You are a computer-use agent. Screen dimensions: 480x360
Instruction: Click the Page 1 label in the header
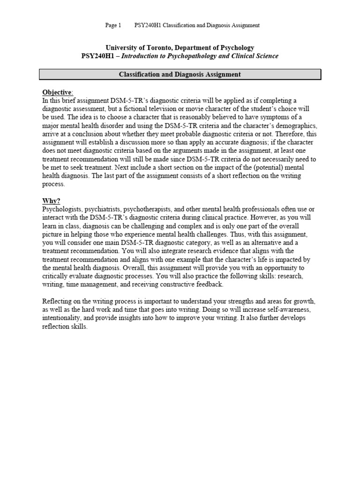(x=113, y=25)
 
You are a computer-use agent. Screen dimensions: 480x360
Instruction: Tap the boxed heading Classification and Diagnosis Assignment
(x=180, y=74)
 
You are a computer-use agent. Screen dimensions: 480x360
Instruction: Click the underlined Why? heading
(x=52, y=201)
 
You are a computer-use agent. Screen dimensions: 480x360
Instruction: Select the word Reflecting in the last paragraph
(x=57, y=301)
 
